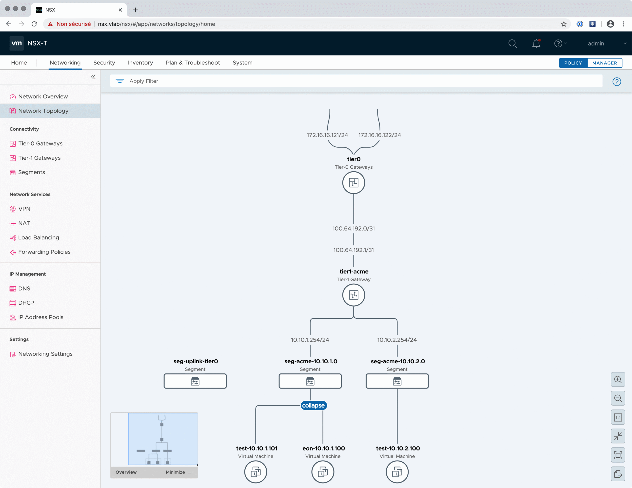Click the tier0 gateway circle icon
coord(353,182)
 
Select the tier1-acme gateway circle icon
coord(353,295)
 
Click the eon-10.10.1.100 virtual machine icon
coord(323,472)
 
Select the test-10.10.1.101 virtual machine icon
coord(256,472)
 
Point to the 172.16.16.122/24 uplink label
coord(380,135)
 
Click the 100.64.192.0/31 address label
coord(353,228)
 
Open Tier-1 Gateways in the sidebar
coord(39,158)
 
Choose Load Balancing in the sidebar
coord(39,237)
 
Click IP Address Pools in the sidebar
coord(40,317)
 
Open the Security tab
coord(104,62)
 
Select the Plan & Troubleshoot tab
coord(193,62)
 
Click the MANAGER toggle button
coord(605,63)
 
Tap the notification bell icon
coord(536,43)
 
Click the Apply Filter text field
coord(356,81)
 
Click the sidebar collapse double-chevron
coord(93,77)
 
